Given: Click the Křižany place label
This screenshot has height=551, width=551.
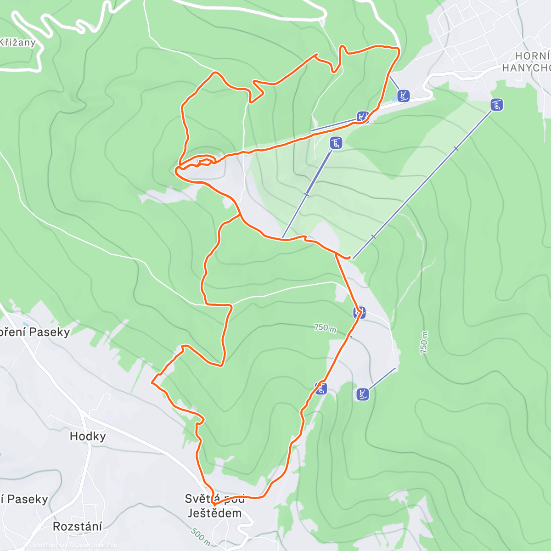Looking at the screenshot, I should click(17, 43).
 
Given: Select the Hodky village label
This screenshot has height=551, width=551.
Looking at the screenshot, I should click(88, 436).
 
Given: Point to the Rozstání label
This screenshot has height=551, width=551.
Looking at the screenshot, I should click(78, 526).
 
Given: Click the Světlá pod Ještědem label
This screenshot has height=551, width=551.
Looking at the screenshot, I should click(214, 506).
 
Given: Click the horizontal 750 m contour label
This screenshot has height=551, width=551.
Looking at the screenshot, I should click(325, 328).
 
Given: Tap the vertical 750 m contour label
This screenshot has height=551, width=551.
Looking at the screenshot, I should click(424, 343).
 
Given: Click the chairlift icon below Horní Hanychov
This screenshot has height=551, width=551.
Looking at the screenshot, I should click(496, 105).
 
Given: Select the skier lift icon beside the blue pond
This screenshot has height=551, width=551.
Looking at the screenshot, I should click(403, 96).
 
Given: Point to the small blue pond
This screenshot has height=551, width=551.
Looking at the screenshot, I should click(397, 99).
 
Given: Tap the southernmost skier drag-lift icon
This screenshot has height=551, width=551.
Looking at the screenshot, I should click(362, 394).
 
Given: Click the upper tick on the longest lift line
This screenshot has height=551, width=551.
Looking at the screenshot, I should click(455, 148).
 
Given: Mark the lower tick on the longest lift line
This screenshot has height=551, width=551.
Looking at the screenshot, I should click(373, 237).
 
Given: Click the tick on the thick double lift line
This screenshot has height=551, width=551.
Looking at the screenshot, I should click(307, 195).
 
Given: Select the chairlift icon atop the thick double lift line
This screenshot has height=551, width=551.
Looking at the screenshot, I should click(336, 143).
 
